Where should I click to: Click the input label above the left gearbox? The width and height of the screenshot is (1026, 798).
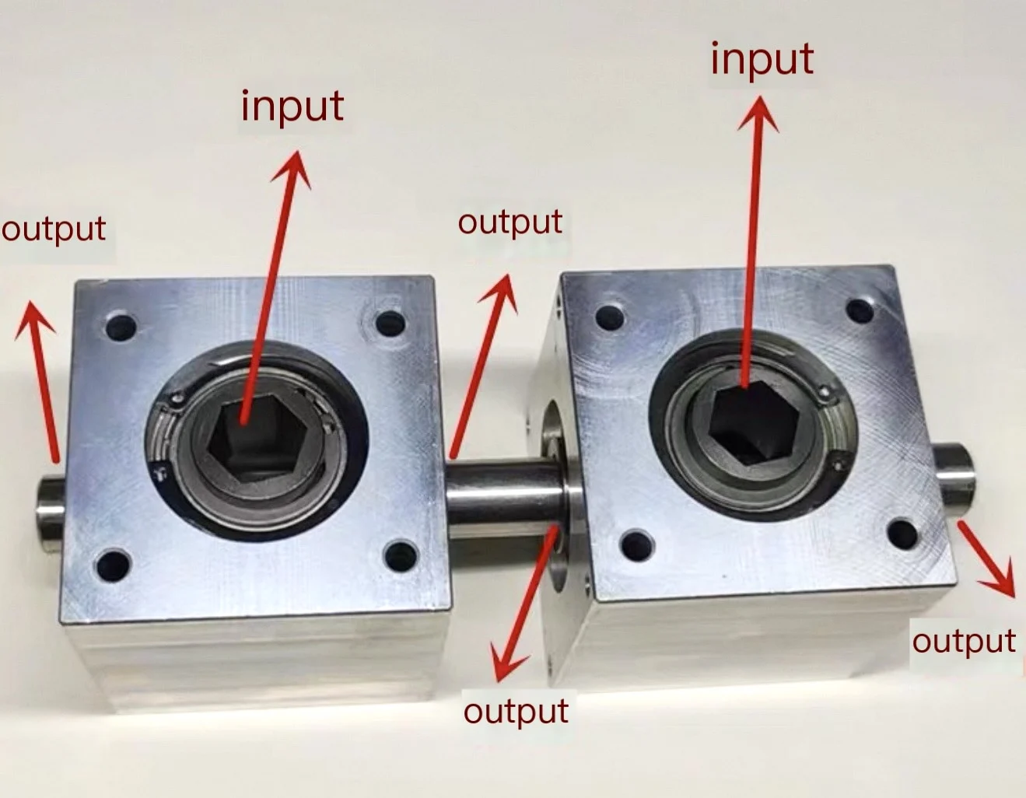[x=292, y=107]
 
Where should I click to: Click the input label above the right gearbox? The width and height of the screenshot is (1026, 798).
[x=762, y=59]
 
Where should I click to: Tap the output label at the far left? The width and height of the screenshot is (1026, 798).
[x=54, y=229]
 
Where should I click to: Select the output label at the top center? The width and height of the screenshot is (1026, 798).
[x=509, y=222]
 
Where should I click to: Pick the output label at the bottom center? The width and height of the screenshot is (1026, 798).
[x=516, y=711]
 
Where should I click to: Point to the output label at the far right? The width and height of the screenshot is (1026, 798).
[x=964, y=642]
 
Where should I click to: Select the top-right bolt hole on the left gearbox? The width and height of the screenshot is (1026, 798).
[x=389, y=324]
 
